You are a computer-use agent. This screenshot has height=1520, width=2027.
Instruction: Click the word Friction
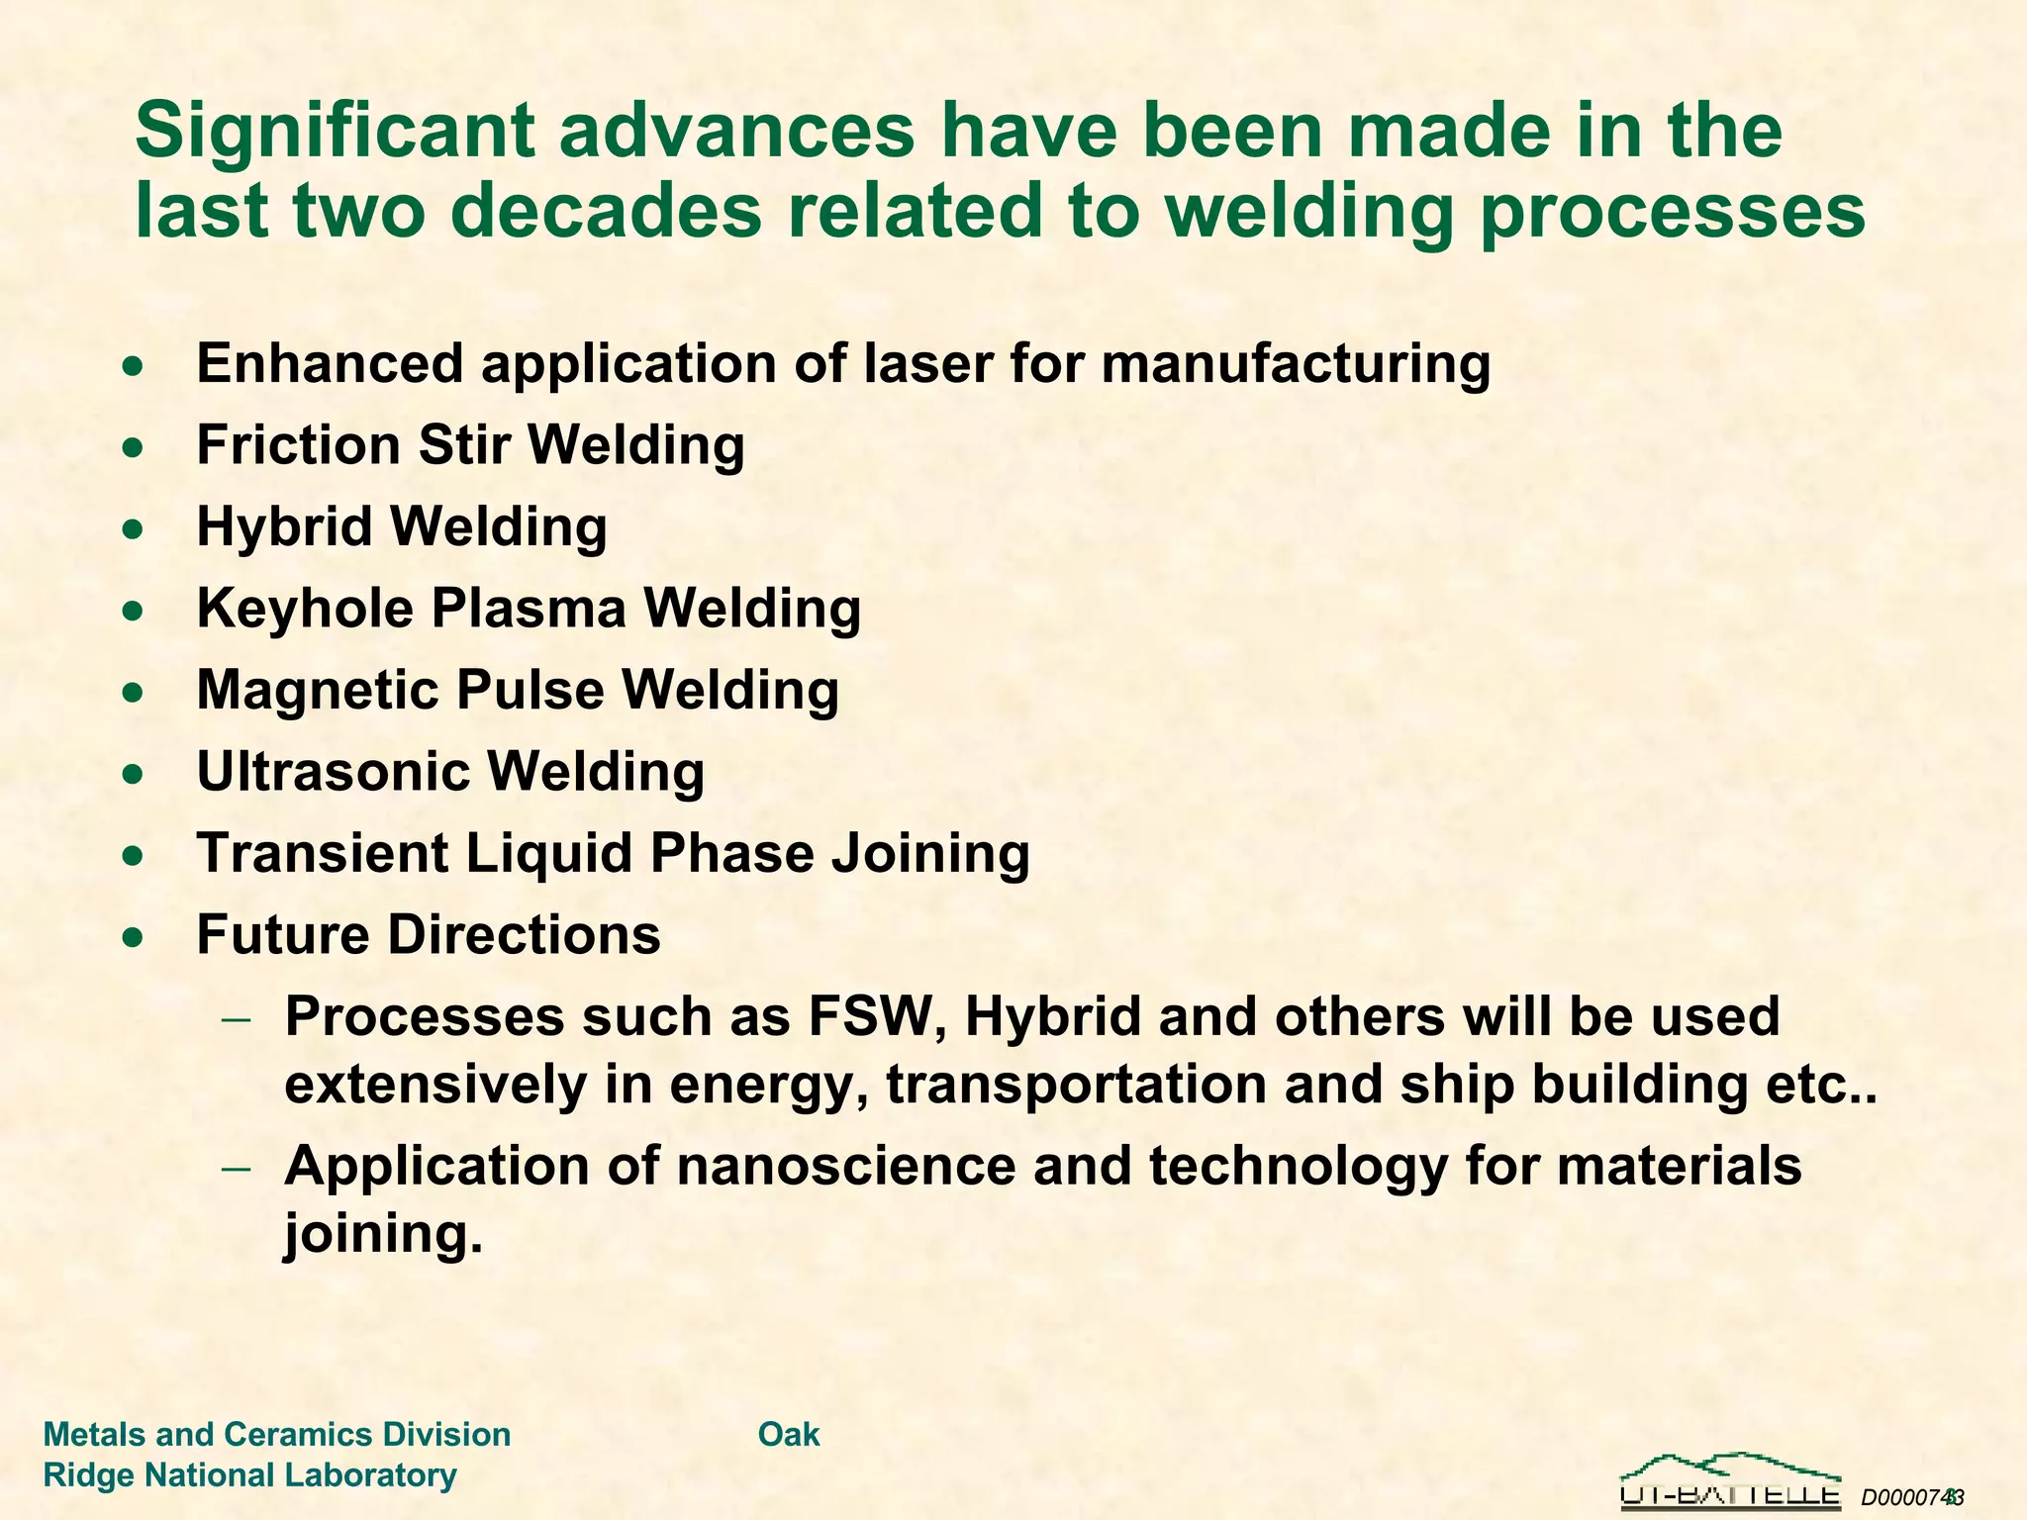298,444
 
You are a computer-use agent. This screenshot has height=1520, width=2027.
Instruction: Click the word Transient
323,853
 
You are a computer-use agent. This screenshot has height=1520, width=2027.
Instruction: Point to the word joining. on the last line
383,1234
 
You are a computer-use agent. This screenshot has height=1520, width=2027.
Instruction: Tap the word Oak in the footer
789,1434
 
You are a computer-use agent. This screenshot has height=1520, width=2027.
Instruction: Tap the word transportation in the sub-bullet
1076,1085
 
